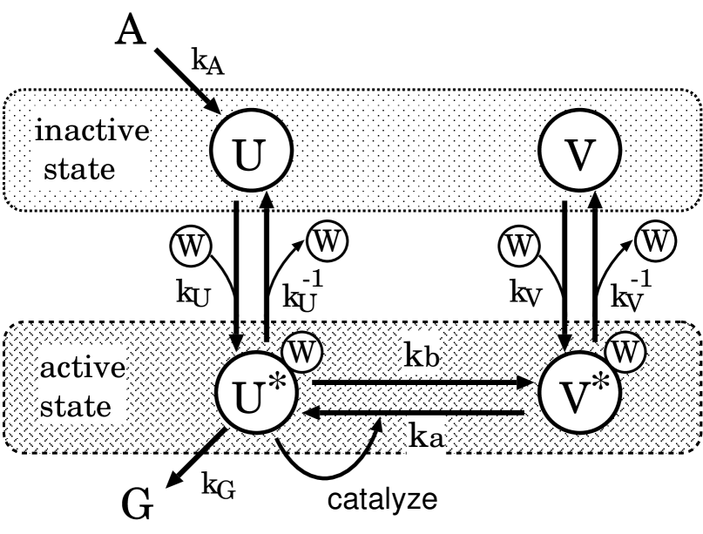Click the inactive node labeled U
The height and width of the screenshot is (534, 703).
click(250, 153)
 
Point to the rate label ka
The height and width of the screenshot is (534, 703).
click(425, 436)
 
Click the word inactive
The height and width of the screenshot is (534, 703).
click(91, 132)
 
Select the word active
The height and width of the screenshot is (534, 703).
click(83, 367)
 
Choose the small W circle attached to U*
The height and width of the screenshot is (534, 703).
click(301, 353)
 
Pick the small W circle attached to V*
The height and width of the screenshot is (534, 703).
click(625, 353)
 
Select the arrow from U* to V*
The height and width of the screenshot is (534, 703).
click(422, 382)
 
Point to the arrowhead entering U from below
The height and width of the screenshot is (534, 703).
click(267, 200)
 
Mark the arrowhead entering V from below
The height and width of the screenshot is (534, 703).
click(595, 200)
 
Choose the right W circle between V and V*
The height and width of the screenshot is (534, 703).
click(655, 240)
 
